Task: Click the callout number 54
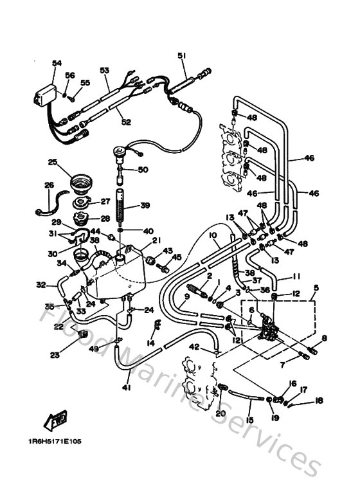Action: [57, 62]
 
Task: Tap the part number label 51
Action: [182, 56]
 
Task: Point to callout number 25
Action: [53, 161]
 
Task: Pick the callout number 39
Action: [145, 205]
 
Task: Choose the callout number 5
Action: [316, 287]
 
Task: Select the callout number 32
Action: [41, 284]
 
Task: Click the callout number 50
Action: [143, 169]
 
